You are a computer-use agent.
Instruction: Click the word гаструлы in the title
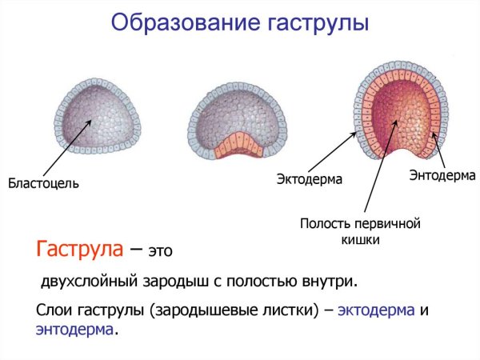(x=311, y=22)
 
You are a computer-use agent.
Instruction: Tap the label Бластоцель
(x=43, y=184)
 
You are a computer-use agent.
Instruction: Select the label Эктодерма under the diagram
(x=310, y=179)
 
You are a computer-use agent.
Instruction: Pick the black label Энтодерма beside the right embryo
(x=442, y=174)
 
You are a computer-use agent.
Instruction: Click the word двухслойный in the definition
(x=89, y=282)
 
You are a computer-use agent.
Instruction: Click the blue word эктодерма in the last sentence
(x=376, y=310)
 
